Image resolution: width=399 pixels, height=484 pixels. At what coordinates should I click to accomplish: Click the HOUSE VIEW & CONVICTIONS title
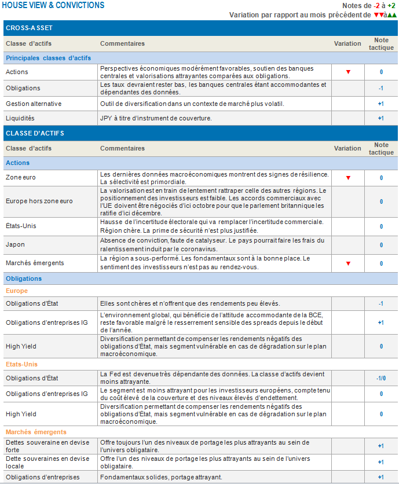pyautogui.click(x=54, y=5)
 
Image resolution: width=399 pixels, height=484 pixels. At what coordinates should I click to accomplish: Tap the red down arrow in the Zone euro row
pyautogui.click(x=348, y=178)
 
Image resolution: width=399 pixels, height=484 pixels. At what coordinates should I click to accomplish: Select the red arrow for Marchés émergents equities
pyautogui.click(x=348, y=263)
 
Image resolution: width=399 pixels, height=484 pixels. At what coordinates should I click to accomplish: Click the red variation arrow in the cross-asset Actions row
pyautogui.click(x=348, y=72)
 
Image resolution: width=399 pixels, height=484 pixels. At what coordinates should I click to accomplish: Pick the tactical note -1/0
pyautogui.click(x=380, y=378)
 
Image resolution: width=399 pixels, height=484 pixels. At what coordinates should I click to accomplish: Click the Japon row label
pyautogui.click(x=16, y=244)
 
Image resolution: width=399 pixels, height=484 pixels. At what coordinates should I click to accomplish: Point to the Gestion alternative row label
pyautogui.click(x=34, y=104)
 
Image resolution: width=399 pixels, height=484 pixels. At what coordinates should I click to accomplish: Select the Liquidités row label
pyautogui.click(x=20, y=118)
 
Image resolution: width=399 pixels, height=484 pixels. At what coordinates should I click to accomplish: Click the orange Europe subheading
pyautogui.click(x=17, y=291)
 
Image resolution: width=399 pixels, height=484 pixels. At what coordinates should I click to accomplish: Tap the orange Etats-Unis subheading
pyautogui.click(x=22, y=365)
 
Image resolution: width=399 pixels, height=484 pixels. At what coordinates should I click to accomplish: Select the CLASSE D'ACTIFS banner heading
pyautogui.click(x=35, y=133)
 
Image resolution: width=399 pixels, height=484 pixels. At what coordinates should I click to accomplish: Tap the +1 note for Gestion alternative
pyautogui.click(x=380, y=104)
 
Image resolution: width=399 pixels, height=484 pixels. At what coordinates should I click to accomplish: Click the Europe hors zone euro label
pyautogui.click(x=39, y=201)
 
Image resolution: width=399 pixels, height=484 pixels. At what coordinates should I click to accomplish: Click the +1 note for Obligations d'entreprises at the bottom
pyautogui.click(x=380, y=477)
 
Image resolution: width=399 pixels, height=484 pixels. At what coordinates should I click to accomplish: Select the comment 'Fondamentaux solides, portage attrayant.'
pyautogui.click(x=160, y=477)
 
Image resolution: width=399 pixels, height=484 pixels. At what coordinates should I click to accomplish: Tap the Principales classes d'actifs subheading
pyautogui.click(x=48, y=58)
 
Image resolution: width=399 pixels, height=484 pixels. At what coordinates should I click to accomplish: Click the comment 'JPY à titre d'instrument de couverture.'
pyautogui.click(x=156, y=118)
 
